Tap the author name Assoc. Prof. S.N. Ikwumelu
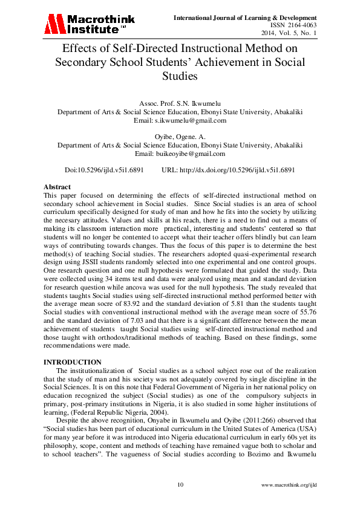(x=180, y=104)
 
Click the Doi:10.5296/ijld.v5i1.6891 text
(x=106, y=170)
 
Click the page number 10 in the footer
(x=180, y=485)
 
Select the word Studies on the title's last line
(x=180, y=76)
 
